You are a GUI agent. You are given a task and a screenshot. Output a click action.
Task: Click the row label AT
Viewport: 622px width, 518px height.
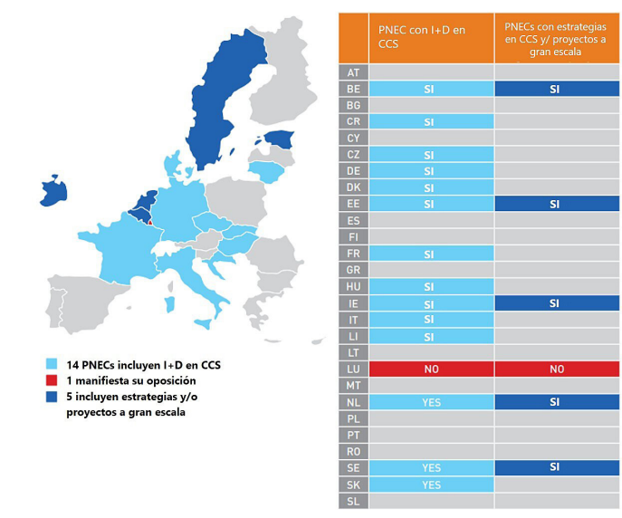coord(353,72)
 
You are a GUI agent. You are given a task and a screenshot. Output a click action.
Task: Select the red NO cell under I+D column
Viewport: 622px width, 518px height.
coord(431,369)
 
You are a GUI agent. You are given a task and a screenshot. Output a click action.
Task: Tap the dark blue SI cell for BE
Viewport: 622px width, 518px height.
coord(557,89)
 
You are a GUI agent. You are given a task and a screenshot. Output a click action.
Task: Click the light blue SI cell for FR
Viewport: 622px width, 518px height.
coord(431,254)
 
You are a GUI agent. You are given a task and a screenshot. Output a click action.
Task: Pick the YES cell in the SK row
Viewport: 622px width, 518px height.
coord(431,484)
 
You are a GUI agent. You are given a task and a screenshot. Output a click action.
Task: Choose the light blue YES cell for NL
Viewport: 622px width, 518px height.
coord(431,402)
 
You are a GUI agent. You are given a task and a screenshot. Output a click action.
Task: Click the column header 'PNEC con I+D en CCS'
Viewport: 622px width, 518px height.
coord(431,36)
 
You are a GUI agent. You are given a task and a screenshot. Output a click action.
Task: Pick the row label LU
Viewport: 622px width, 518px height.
coord(353,369)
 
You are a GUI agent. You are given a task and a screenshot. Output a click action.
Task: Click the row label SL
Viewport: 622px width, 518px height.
coord(353,501)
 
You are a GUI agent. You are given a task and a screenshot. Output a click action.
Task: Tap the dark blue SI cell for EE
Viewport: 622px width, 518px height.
coord(557,205)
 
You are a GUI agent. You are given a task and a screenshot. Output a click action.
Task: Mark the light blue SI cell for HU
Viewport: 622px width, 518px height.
coord(431,287)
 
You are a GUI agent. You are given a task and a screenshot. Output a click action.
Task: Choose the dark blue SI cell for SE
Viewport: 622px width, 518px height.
coord(557,468)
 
